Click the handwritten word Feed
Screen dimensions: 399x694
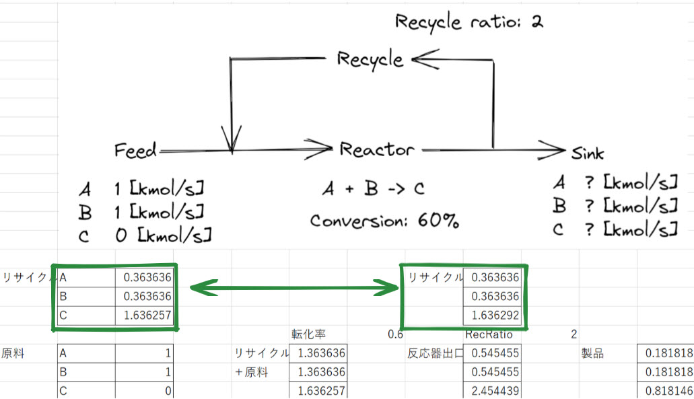(x=135, y=149)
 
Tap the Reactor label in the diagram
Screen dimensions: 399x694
(x=377, y=149)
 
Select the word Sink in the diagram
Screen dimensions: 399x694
(x=588, y=153)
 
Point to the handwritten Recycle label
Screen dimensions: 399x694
(x=370, y=60)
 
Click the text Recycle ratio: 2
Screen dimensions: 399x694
(x=469, y=22)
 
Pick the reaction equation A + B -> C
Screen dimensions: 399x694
(x=373, y=189)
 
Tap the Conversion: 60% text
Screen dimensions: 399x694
(x=384, y=220)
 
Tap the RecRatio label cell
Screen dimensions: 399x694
(x=489, y=334)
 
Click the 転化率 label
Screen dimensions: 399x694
(x=308, y=334)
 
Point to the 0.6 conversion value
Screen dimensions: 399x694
(x=396, y=334)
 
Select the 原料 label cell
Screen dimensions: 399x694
(x=13, y=353)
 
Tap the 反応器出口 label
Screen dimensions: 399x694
(x=435, y=353)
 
